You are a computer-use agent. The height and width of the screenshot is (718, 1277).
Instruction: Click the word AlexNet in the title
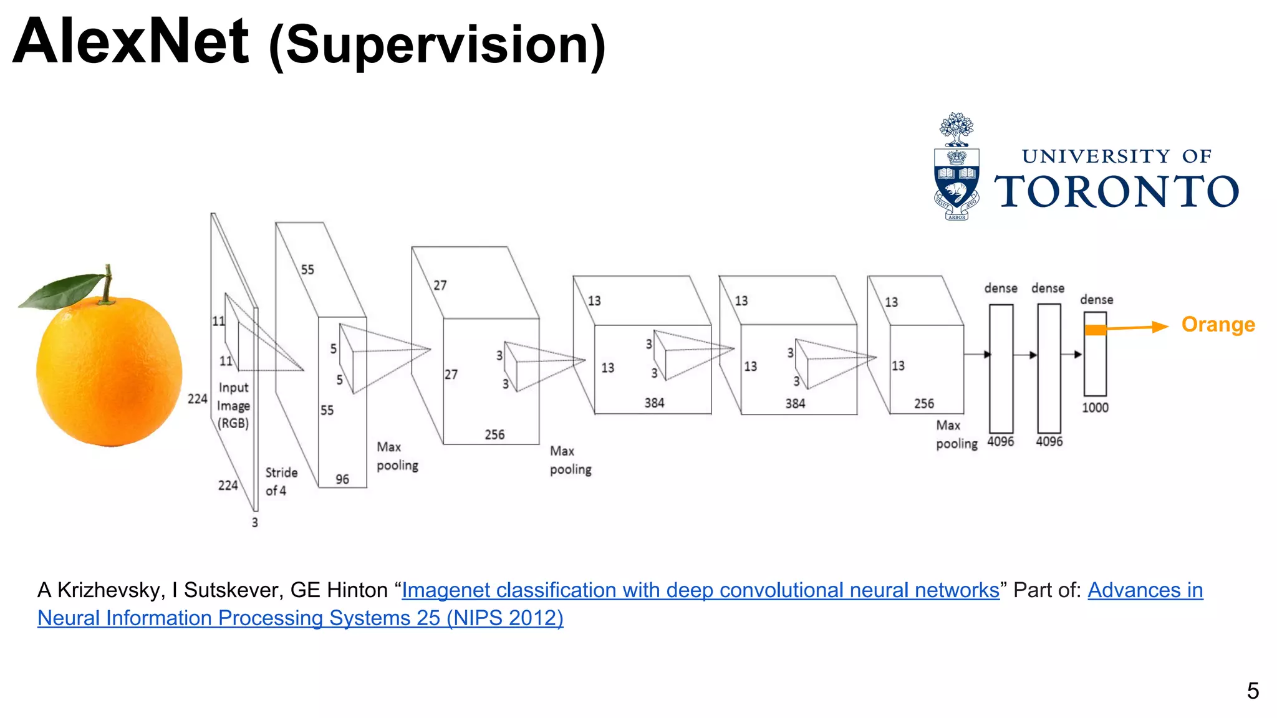[x=131, y=42]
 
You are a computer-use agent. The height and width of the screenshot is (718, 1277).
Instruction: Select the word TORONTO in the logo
[x=1116, y=191]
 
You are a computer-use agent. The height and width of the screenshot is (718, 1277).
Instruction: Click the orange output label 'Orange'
[x=1218, y=325]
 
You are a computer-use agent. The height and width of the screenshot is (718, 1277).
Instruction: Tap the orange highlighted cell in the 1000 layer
[x=1096, y=330]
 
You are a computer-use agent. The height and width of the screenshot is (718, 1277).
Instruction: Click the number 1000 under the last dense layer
[x=1095, y=408]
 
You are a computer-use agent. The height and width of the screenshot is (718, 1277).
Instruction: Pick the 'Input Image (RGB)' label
[x=233, y=405]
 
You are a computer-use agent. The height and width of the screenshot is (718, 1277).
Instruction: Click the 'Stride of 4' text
[x=281, y=481]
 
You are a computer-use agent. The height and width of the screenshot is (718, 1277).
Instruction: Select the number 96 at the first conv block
[x=342, y=479]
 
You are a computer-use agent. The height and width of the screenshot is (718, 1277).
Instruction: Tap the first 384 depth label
[x=654, y=403]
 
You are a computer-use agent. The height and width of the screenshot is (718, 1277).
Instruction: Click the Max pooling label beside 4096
[x=956, y=434]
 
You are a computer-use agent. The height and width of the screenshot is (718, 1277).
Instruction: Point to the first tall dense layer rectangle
[x=1001, y=368]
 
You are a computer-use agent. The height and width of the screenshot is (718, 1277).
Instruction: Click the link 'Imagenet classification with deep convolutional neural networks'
[x=700, y=590]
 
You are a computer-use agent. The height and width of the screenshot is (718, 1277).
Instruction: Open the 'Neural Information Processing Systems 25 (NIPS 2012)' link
[x=300, y=618]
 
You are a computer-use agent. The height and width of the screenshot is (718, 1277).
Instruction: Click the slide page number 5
[x=1253, y=691]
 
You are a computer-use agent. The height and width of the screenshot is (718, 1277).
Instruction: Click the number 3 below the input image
[x=254, y=522]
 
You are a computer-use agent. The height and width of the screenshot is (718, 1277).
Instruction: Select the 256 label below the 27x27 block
[x=494, y=434]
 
